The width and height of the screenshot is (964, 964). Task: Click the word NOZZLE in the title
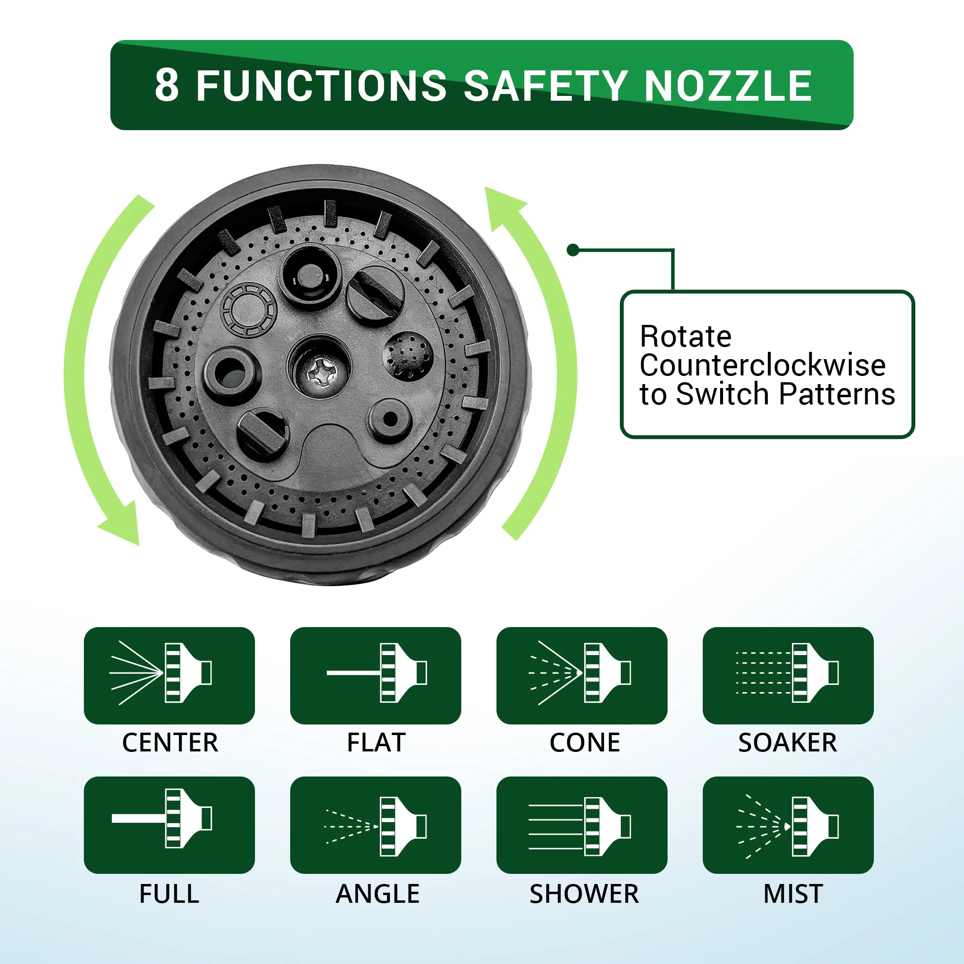pyautogui.click(x=728, y=85)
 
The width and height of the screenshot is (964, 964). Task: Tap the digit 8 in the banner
pyautogui.click(x=167, y=85)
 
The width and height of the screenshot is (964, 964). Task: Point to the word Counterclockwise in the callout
pyautogui.click(x=763, y=365)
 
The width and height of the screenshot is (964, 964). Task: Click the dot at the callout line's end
pyautogui.click(x=573, y=250)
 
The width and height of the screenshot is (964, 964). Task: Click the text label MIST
pyautogui.click(x=793, y=894)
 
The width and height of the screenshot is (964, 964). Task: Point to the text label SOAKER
pyautogui.click(x=788, y=742)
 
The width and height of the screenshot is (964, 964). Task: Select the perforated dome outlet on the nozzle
pyautogui.click(x=408, y=355)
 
